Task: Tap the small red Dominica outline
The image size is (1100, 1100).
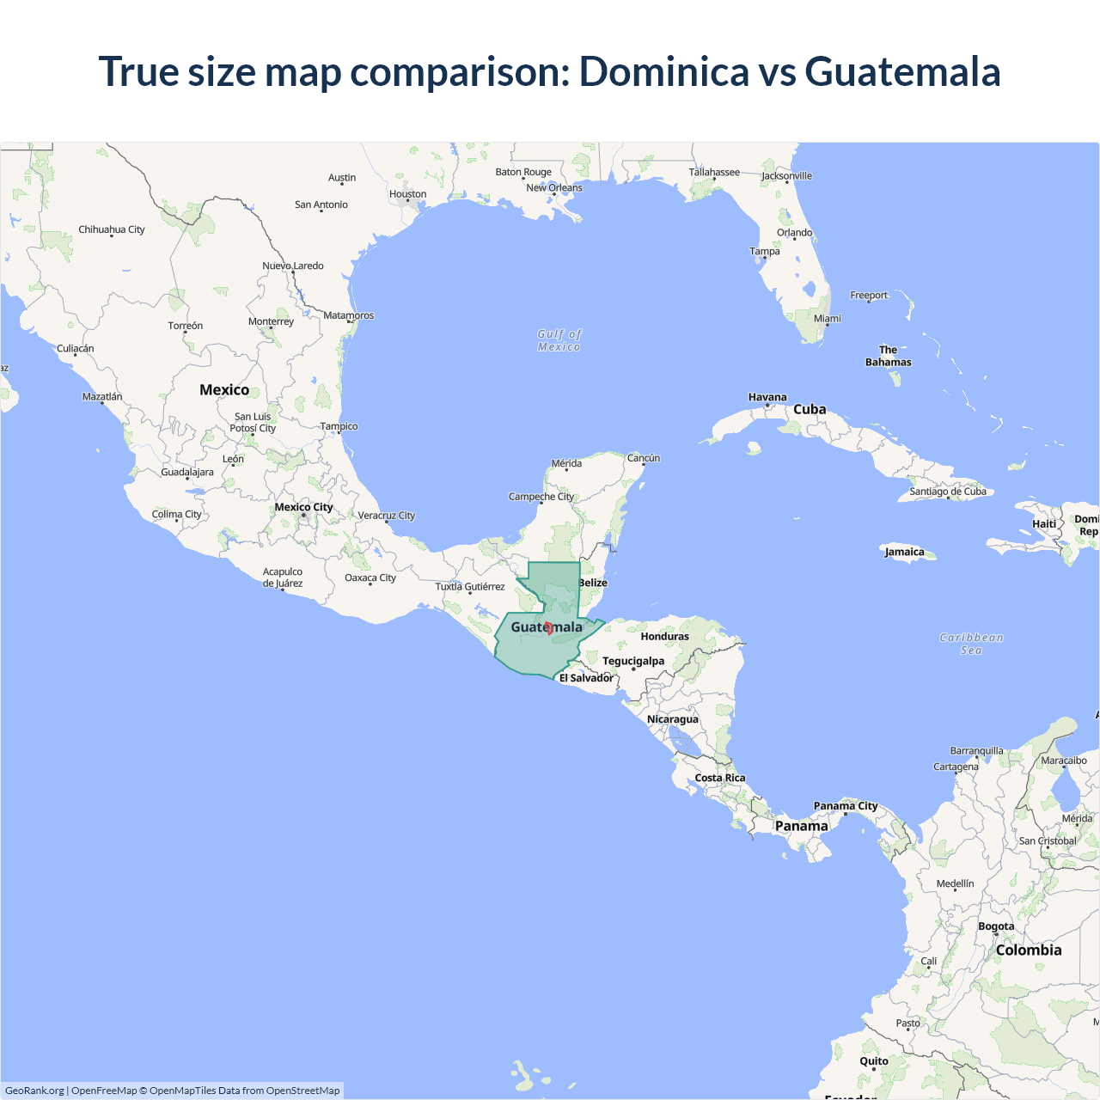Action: click(x=549, y=628)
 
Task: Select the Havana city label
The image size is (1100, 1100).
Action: click(x=767, y=397)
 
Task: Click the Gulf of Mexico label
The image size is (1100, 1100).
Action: click(x=559, y=340)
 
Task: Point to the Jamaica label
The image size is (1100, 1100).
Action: click(x=905, y=552)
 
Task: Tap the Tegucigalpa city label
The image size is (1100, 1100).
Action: click(x=633, y=661)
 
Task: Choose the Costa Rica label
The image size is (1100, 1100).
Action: click(x=720, y=778)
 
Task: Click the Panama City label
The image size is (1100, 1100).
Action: click(x=846, y=806)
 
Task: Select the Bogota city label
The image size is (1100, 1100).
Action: click(x=996, y=926)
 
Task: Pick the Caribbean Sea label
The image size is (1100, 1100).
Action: click(x=971, y=644)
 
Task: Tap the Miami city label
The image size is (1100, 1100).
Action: click(x=828, y=319)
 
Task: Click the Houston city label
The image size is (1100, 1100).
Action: click(x=407, y=194)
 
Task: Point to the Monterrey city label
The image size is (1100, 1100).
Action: click(x=271, y=321)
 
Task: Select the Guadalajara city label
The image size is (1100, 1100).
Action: click(x=187, y=472)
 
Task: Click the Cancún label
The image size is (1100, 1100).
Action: click(x=644, y=458)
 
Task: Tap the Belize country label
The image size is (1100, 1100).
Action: click(x=593, y=583)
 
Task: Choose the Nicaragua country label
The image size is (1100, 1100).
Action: click(x=673, y=719)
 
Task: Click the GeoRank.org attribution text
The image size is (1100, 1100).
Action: click(x=34, y=1091)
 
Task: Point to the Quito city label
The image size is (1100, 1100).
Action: click(x=874, y=1061)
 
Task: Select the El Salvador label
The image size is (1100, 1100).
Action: click(x=586, y=678)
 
